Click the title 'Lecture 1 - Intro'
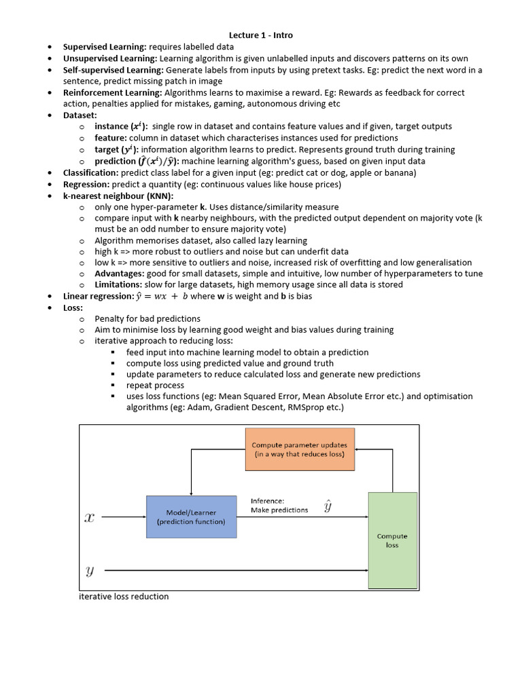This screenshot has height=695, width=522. point(261,35)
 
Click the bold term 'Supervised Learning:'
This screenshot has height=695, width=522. point(105,47)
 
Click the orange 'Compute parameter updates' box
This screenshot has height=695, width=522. point(300,449)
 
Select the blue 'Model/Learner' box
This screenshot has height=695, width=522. point(191,517)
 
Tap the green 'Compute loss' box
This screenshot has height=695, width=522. point(392,540)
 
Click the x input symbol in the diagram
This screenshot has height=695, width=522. point(89,518)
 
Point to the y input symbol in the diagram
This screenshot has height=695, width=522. point(89,570)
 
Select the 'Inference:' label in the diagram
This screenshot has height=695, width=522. point(268,501)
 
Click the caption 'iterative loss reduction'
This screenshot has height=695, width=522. point(124,597)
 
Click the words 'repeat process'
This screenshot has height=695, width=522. point(155,386)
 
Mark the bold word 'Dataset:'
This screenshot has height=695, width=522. point(80,115)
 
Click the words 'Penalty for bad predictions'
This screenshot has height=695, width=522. point(147,319)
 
